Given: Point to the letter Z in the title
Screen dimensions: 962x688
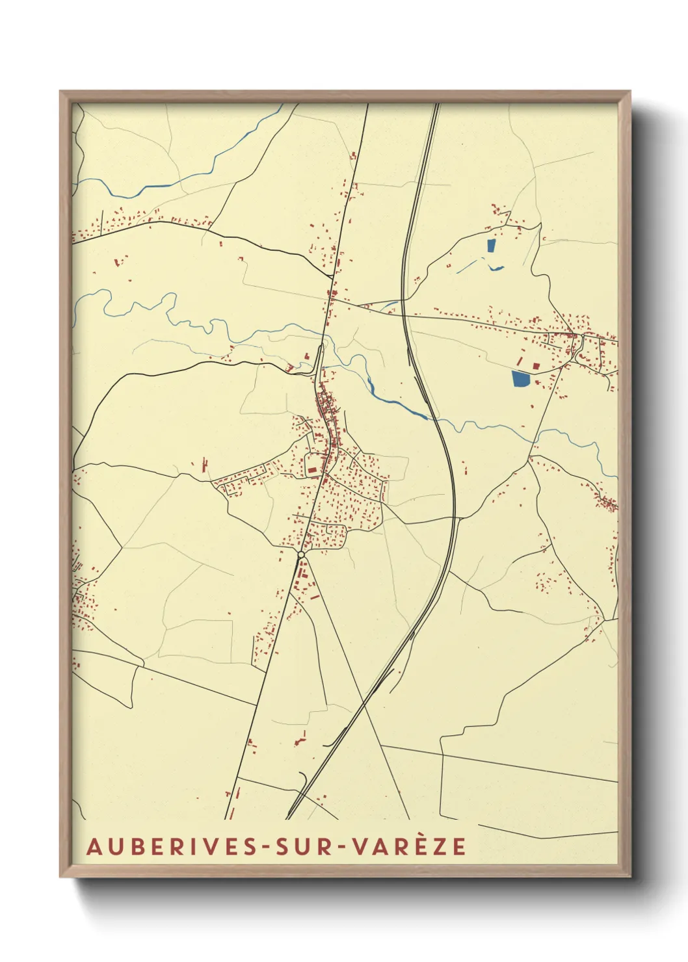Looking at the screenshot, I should pyautogui.click(x=442, y=846).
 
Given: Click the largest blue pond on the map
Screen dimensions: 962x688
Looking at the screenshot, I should pyautogui.click(x=521, y=378).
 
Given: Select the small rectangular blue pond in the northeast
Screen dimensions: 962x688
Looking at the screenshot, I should pyautogui.click(x=491, y=246).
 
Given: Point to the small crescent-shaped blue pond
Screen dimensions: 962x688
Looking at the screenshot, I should pyautogui.click(x=496, y=268).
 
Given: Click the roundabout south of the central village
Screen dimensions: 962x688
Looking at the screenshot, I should pyautogui.click(x=301, y=554).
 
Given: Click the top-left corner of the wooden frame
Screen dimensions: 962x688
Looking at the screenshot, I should pyautogui.click(x=60, y=92).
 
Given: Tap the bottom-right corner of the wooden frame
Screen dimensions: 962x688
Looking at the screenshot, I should pyautogui.click(x=630, y=877).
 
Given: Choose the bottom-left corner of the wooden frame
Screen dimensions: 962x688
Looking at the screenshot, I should pyautogui.click(x=60, y=877).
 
